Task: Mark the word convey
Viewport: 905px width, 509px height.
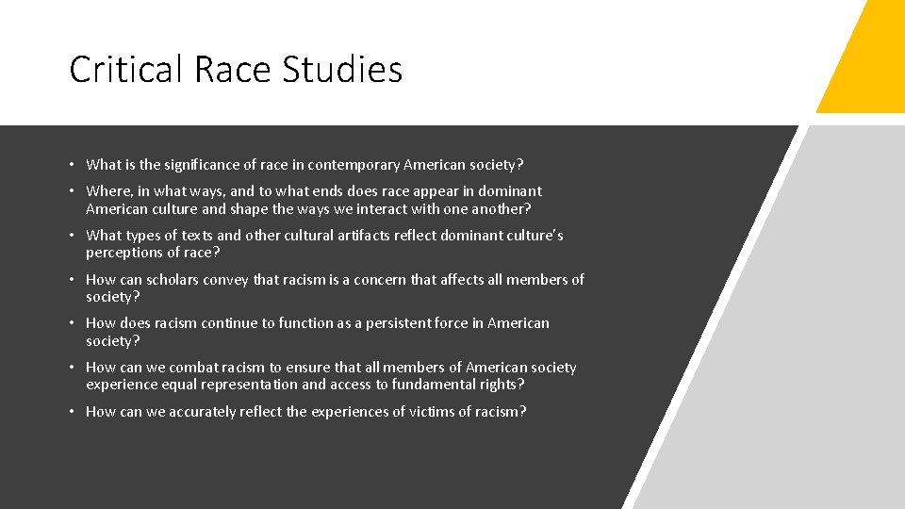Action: (x=227, y=280)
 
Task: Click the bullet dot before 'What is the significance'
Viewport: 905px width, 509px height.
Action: (x=74, y=165)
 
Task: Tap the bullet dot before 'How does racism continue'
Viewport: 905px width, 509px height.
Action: (x=74, y=323)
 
